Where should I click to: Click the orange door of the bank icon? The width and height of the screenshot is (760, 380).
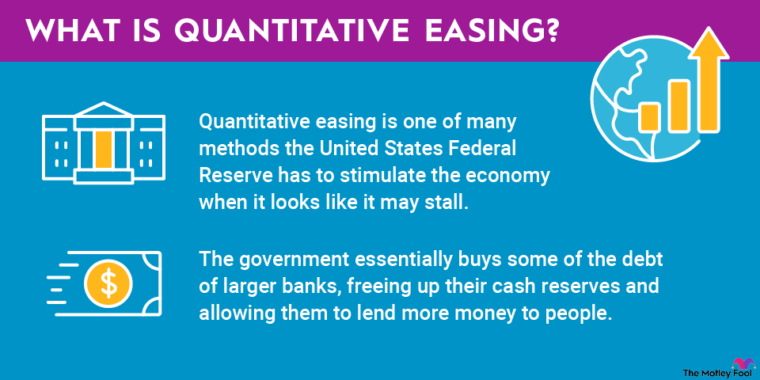pos(104,150)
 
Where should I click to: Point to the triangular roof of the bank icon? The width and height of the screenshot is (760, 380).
pos(104,109)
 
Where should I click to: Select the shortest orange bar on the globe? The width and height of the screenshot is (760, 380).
pos(649,118)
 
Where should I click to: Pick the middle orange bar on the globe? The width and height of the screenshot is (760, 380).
pos(678,106)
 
